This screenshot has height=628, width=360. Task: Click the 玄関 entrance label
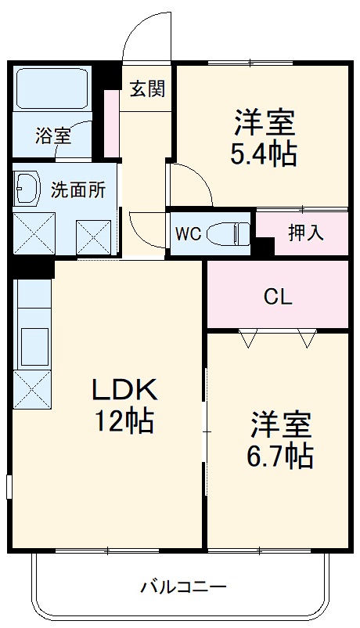tap(147, 88)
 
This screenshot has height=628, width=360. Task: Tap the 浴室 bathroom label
tap(53, 135)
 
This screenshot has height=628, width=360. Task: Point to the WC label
tap(188, 233)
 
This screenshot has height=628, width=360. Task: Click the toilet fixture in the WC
tap(233, 233)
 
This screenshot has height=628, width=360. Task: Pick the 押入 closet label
tap(306, 233)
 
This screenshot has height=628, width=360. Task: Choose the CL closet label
tap(277, 297)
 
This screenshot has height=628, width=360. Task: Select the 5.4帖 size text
tap(263, 153)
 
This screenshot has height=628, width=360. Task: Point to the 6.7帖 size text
tap(282, 454)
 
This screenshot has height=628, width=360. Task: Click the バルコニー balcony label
tap(184, 586)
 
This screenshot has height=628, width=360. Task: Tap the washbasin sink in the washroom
tap(28, 188)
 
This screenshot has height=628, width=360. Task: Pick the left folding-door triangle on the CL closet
tap(248, 338)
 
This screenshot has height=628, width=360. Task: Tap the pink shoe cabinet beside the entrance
tap(112, 124)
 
